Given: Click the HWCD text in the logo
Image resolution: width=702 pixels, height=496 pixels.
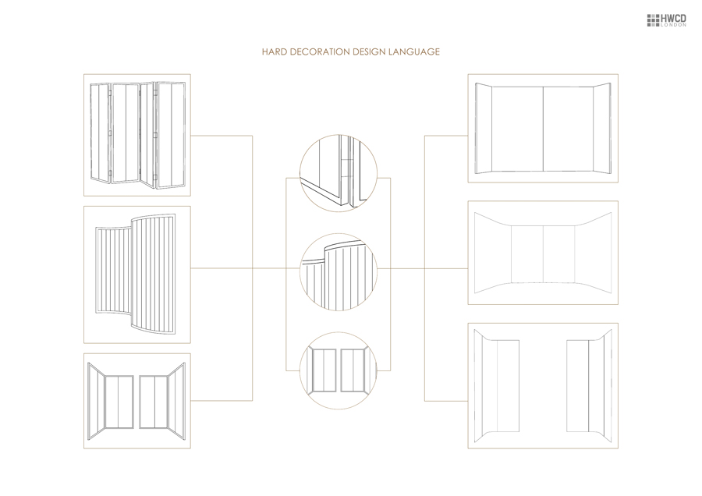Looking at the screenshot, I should coord(673,17).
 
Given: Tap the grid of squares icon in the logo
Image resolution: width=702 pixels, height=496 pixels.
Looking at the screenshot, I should coord(654,19).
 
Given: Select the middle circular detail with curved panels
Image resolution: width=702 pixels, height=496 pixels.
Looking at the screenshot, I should coord(339,271).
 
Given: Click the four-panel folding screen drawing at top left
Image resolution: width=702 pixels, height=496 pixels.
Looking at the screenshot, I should coord(137,134).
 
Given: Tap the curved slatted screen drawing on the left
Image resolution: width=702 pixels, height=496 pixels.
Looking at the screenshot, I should coord(137,274).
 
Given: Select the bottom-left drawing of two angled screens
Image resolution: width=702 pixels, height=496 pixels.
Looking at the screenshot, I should coord(137,401).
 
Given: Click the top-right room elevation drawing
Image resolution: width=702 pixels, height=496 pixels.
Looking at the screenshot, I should coord(542,129).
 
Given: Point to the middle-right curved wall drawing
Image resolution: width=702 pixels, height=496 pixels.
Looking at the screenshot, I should coord(542,253).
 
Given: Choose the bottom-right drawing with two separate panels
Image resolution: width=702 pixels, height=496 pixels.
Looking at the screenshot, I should coord(542,385).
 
